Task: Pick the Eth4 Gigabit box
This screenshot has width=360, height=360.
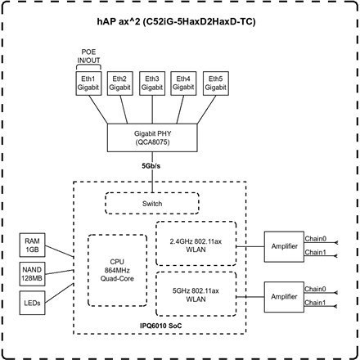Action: tap(184, 84)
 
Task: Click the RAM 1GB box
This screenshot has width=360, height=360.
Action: tap(30, 244)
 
